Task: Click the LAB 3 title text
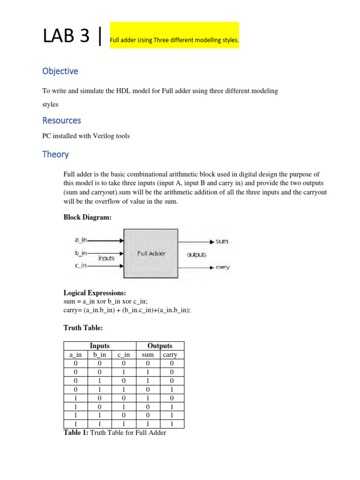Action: click(67, 36)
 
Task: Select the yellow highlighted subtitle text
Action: click(174, 41)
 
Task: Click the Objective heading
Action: click(60, 71)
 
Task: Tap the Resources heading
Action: click(61, 120)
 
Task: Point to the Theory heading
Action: click(55, 154)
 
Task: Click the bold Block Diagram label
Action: click(87, 217)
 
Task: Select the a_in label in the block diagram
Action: click(81, 240)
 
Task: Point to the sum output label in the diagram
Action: click(222, 241)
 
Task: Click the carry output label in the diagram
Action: click(223, 267)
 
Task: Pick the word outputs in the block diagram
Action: click(196, 255)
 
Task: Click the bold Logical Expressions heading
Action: click(94, 292)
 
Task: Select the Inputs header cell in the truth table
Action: click(99, 346)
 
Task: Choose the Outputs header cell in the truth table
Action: click(160, 346)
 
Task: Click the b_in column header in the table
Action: click(99, 355)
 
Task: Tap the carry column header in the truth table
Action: click(170, 355)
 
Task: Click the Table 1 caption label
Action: click(75, 433)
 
